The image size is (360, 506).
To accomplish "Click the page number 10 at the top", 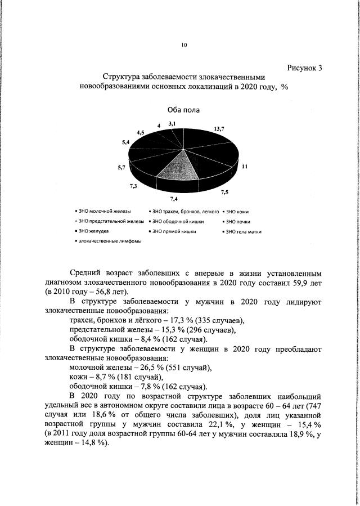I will [183, 46].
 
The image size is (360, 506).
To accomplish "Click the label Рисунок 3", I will [304, 68].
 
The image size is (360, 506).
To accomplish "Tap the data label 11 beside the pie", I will [245, 167].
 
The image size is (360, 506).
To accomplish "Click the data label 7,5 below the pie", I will [224, 192].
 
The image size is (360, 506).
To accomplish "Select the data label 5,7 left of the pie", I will [121, 167].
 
